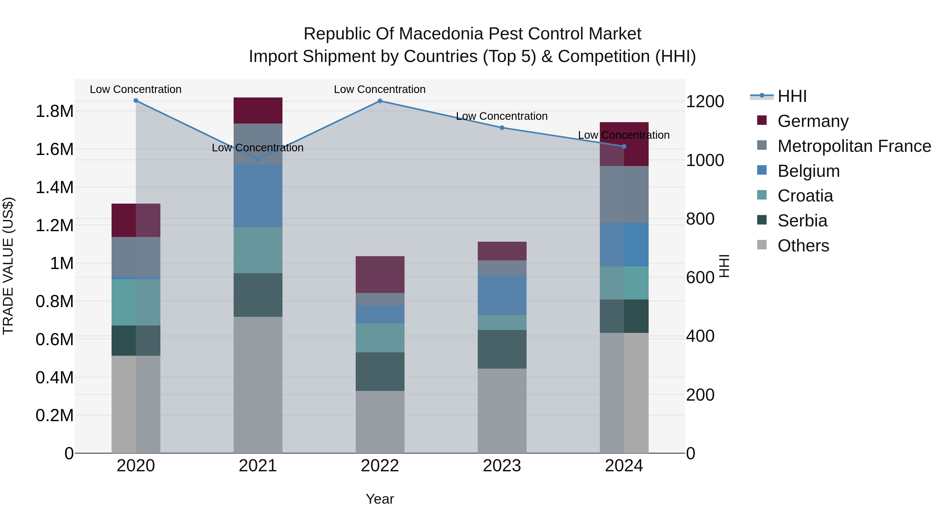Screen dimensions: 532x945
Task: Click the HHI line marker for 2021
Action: pos(258,159)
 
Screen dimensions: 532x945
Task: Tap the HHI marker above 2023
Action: pos(502,128)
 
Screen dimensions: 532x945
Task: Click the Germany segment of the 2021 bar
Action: pos(258,111)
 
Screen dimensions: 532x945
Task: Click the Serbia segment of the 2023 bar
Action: pos(502,349)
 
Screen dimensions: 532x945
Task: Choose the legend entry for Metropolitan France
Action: pos(854,146)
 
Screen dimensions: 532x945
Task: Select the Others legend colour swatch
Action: pos(762,245)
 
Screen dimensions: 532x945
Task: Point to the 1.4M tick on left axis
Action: pos(54,188)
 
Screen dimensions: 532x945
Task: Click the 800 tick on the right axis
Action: pos(700,219)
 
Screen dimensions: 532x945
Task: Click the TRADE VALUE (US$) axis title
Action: pos(8,266)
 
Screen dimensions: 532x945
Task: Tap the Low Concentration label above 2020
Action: pos(135,90)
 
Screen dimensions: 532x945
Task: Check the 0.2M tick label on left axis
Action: pos(54,416)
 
